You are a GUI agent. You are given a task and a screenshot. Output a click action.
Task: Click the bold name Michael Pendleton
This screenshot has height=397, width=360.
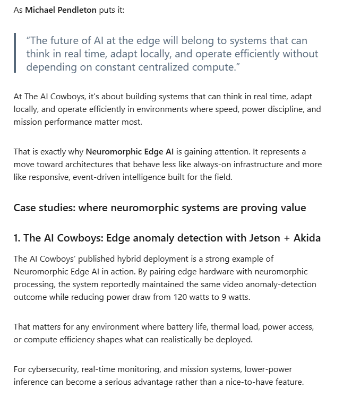pos(61,10)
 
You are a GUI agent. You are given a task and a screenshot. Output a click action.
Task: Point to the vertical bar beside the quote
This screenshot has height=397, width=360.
pos(15,54)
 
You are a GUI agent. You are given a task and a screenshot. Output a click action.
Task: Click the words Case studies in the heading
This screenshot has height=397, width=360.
pos(44,208)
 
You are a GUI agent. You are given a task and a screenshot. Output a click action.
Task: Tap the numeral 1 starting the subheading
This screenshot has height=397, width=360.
pos(16,238)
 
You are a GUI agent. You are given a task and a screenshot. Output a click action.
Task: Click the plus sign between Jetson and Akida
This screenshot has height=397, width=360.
pos(287,238)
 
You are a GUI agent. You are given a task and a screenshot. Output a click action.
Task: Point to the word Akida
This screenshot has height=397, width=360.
pos(307,238)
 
